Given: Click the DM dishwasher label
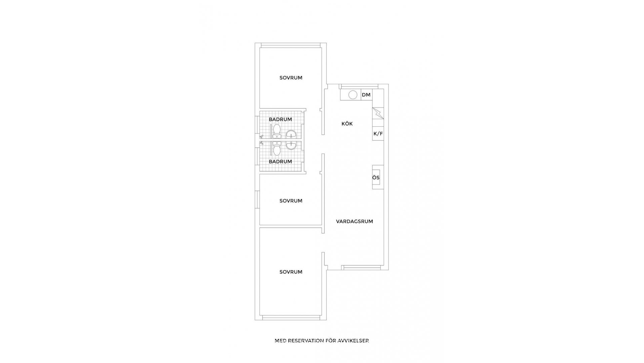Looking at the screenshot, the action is (x=366, y=95).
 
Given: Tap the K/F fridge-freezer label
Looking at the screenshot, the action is (x=378, y=134).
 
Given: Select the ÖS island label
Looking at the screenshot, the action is (x=376, y=177).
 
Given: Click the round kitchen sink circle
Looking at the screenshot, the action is (x=353, y=95).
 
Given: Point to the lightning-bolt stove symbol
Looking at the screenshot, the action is (x=378, y=113).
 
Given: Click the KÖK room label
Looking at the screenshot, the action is (x=347, y=124).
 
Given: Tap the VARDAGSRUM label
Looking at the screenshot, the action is (x=355, y=221).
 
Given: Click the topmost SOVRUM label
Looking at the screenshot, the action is (x=291, y=78).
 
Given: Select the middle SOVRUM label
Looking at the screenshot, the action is (x=291, y=201).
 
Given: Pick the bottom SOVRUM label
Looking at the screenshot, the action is (x=291, y=272).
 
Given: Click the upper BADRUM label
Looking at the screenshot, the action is (x=280, y=119).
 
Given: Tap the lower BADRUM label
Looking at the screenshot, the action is (x=280, y=161).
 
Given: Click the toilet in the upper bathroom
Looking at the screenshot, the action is (x=277, y=131).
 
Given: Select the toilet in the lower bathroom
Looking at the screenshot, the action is (x=277, y=149).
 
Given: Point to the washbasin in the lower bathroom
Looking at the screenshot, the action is (x=291, y=146).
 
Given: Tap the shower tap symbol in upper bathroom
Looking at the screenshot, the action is (x=262, y=136).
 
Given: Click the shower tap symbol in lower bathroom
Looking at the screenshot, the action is (x=262, y=144).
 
